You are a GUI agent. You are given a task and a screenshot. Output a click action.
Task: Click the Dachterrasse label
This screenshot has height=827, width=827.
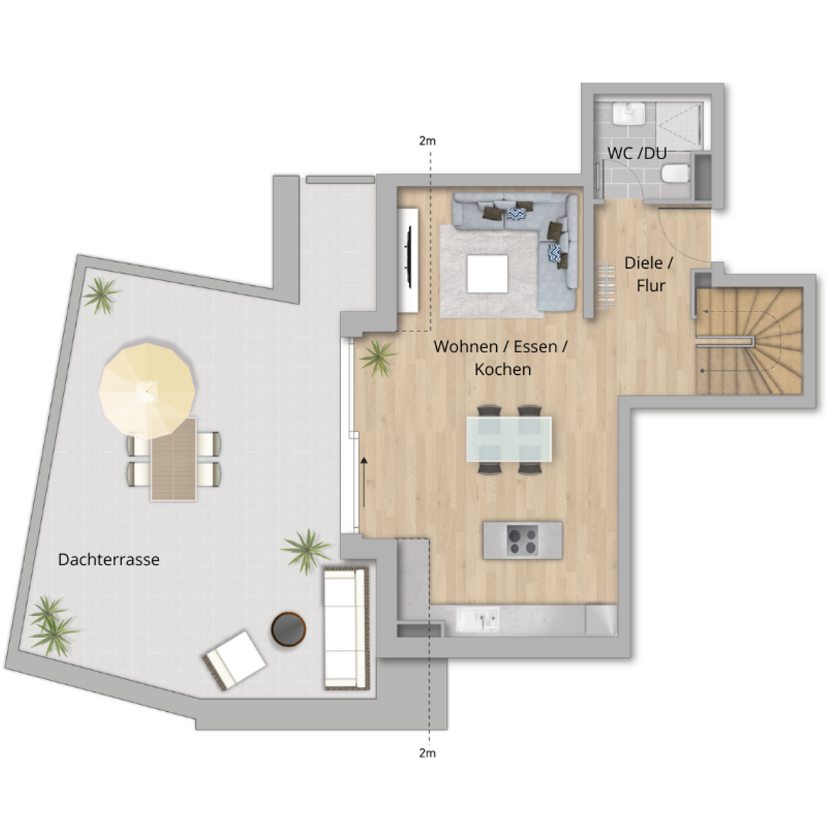(x=109, y=560)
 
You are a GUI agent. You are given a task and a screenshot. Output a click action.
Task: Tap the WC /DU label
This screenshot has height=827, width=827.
(x=637, y=153)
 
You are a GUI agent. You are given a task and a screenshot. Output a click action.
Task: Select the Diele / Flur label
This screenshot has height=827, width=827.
(x=649, y=274)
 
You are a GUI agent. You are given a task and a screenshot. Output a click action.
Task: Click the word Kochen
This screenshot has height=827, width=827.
(x=502, y=369)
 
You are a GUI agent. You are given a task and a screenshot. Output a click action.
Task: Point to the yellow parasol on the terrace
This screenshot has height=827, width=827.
(x=147, y=391)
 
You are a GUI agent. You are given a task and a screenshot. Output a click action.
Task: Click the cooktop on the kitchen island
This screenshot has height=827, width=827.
(x=522, y=540)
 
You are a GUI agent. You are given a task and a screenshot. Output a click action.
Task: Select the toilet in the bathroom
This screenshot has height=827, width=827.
(x=675, y=174)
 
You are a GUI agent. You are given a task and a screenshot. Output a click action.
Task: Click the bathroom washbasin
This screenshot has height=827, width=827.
(x=629, y=114)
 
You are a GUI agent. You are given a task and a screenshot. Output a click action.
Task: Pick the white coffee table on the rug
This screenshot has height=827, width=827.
(x=487, y=274)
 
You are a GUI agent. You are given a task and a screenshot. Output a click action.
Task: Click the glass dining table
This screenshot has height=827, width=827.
(x=509, y=439)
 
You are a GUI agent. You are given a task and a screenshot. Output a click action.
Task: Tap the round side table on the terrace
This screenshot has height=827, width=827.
(x=288, y=629)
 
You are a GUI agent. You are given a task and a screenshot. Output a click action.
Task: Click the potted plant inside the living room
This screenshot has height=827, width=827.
(x=377, y=358)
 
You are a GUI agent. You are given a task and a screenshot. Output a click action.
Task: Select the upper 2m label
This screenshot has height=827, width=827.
(x=427, y=141)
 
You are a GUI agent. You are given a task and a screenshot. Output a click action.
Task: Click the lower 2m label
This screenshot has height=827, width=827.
(x=427, y=753)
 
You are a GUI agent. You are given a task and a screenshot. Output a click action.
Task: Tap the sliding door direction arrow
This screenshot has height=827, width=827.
(x=364, y=482)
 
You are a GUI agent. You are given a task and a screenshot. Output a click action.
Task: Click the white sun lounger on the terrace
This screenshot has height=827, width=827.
(x=234, y=660)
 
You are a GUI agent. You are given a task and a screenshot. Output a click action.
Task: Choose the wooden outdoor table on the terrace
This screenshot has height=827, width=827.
(x=174, y=459)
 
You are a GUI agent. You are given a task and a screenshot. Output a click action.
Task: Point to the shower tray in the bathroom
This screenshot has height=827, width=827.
(x=680, y=125)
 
